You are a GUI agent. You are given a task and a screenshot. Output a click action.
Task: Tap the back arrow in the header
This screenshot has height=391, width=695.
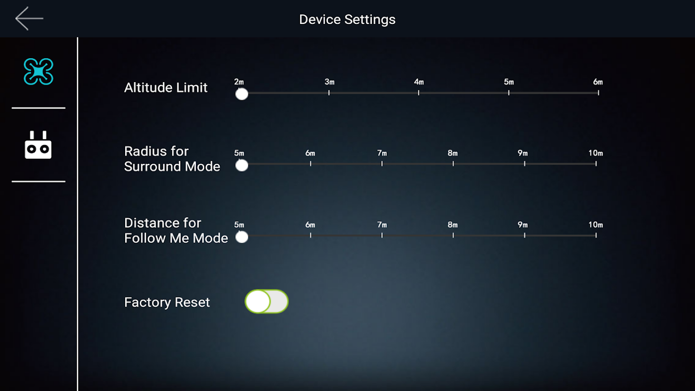[x=29, y=19]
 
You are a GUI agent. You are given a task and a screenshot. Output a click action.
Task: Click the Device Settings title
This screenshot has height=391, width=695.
[x=347, y=20]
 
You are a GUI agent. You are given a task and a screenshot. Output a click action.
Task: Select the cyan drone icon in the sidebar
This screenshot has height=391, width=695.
[x=39, y=71]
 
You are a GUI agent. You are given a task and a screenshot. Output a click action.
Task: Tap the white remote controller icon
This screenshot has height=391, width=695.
[x=38, y=145]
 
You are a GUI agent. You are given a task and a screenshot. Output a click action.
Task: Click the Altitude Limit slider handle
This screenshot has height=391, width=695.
[x=242, y=94]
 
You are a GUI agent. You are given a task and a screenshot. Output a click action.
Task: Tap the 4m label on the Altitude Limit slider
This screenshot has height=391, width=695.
[x=418, y=82]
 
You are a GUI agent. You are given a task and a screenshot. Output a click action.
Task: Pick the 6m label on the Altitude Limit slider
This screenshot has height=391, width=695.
[x=598, y=82]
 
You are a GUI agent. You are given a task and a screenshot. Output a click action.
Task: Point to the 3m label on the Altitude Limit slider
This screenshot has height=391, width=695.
[x=329, y=82]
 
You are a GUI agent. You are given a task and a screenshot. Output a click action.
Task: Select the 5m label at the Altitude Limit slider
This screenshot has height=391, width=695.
[x=509, y=82]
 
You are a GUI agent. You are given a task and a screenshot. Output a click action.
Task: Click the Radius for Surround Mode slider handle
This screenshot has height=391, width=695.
[x=242, y=165]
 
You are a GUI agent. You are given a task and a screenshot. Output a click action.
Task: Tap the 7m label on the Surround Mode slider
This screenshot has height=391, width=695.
[x=382, y=153]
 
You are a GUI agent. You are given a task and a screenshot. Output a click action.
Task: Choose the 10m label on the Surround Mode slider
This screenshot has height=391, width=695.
[x=596, y=153]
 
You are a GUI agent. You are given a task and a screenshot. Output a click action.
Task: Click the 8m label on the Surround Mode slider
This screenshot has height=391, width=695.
[x=453, y=153]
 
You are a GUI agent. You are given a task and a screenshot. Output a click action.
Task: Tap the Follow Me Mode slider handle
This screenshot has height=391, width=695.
[x=242, y=237]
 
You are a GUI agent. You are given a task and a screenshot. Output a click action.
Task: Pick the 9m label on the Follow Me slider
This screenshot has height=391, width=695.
[x=523, y=225]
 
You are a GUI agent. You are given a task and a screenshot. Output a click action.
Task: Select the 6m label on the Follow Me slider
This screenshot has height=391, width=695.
[x=310, y=225]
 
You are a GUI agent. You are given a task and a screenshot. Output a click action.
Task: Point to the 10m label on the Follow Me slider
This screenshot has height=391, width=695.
[x=596, y=225]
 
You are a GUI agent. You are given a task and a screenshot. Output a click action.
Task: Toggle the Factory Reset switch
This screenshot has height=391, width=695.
[x=266, y=302]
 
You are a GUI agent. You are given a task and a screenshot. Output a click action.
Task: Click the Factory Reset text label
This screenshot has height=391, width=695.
[x=167, y=302]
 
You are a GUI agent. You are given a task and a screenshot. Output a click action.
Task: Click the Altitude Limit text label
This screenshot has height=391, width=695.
[x=166, y=87]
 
